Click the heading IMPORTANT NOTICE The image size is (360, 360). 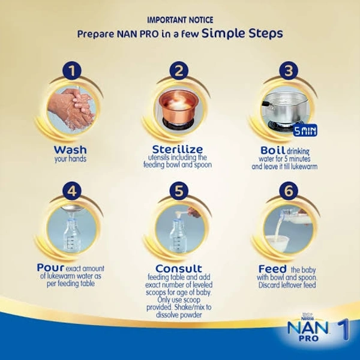pyautogui.click(x=180, y=20)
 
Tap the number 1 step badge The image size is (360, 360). pyautogui.click(x=72, y=70)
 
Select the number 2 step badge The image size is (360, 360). pyautogui.click(x=179, y=70)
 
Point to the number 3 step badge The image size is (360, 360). pyautogui.click(x=289, y=70)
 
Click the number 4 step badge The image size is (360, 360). pyautogui.click(x=72, y=191)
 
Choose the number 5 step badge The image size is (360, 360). pyautogui.click(x=179, y=191)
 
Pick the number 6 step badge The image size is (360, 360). pyautogui.click(x=289, y=191)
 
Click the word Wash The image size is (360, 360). pyautogui.click(x=70, y=150)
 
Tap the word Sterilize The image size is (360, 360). pyautogui.click(x=178, y=149)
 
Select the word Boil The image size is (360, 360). pyautogui.click(x=273, y=151)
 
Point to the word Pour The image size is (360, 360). pyautogui.click(x=50, y=268)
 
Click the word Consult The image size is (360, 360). pyautogui.click(x=179, y=268)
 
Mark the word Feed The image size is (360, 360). pyautogui.click(x=272, y=269)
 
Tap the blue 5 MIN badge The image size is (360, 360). pyautogui.click(x=305, y=130)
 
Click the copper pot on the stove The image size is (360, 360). pyautogui.click(x=179, y=107)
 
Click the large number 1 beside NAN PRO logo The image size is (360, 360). pyautogui.click(x=343, y=329)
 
